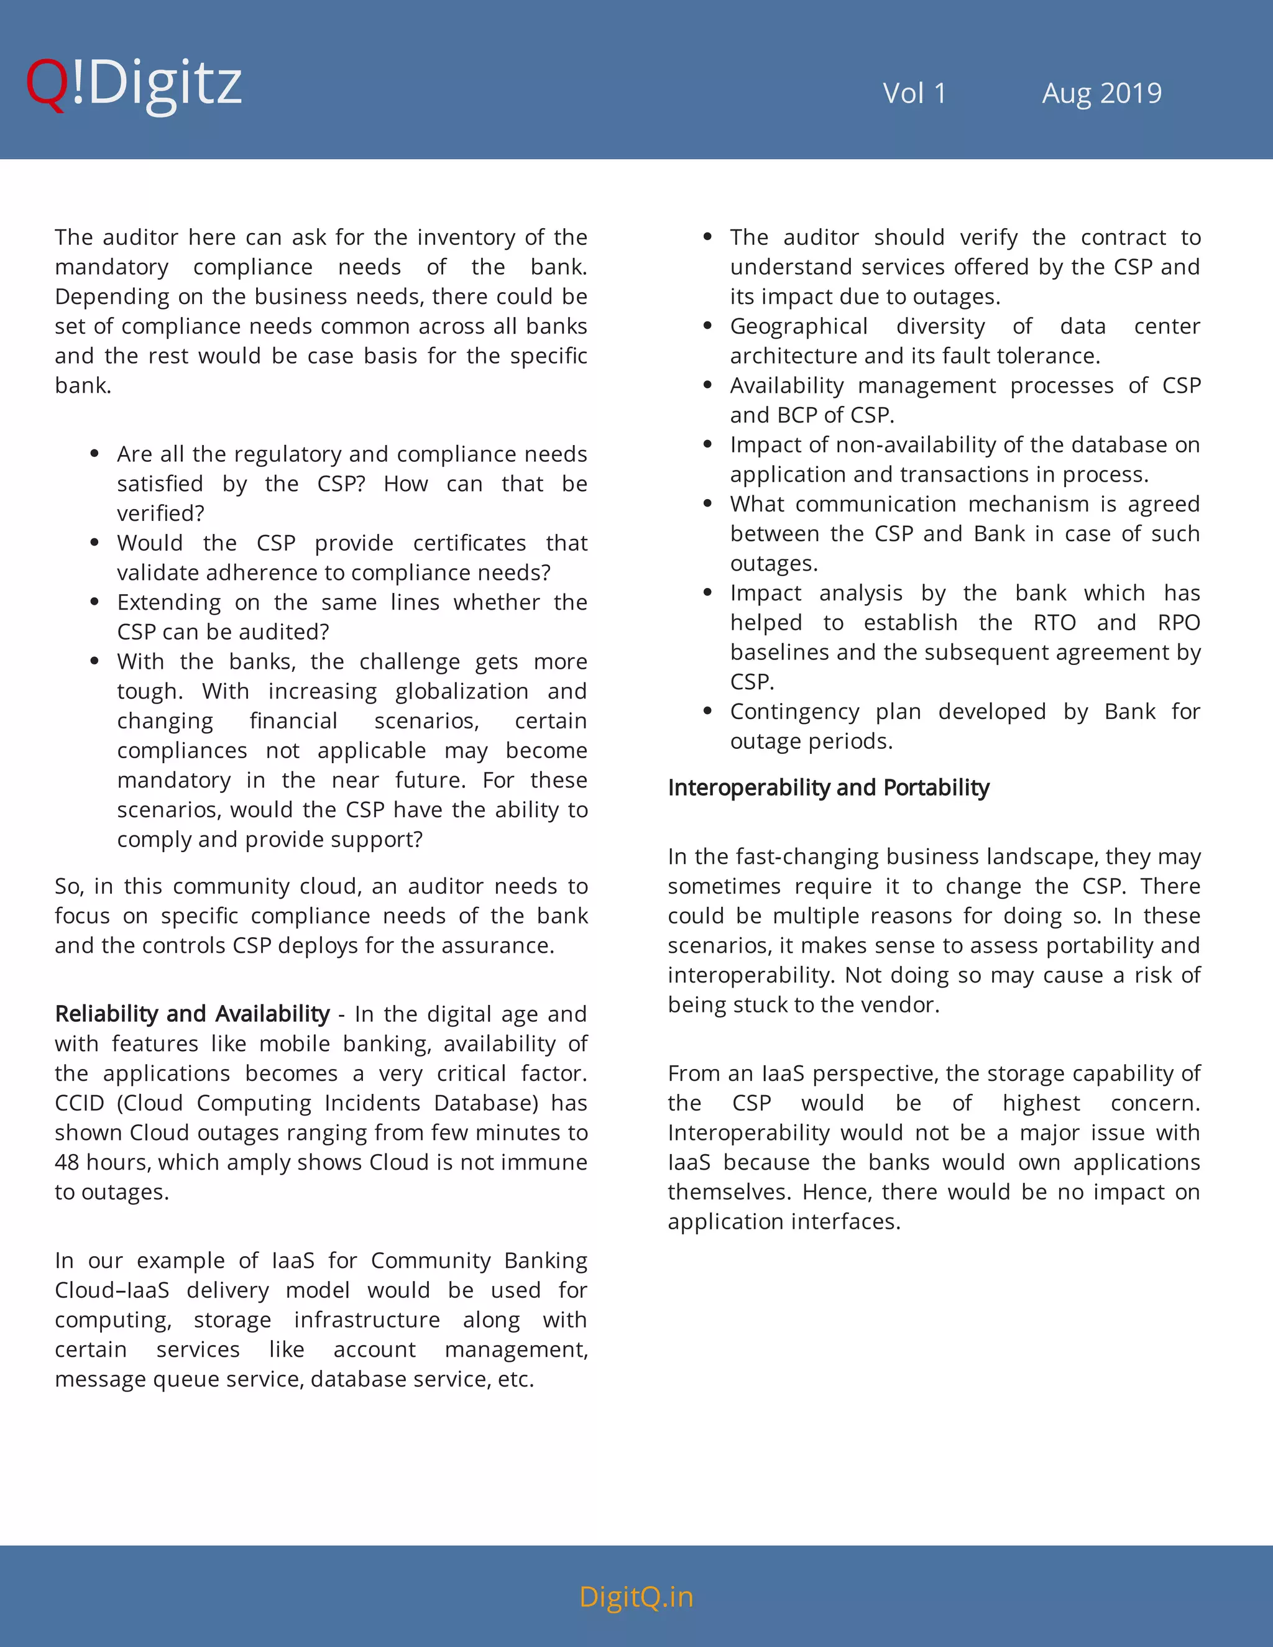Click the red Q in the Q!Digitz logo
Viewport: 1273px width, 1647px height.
point(47,85)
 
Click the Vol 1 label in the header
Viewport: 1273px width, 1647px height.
point(914,93)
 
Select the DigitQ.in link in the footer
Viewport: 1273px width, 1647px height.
point(636,1597)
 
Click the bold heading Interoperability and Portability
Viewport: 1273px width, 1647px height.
point(828,787)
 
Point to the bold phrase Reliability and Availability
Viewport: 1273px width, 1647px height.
point(192,1014)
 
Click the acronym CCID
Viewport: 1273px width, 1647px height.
point(78,1103)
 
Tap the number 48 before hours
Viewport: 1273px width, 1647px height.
point(67,1162)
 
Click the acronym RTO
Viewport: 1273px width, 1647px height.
point(1054,622)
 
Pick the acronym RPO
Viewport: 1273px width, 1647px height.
point(1178,622)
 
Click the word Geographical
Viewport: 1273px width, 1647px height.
point(799,326)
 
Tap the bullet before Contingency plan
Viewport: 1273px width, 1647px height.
point(707,711)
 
